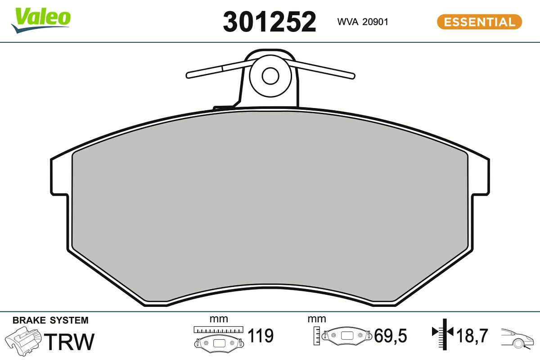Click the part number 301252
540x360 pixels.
(x=270, y=22)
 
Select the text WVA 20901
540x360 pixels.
(x=362, y=22)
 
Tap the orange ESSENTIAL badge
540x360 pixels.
(x=479, y=22)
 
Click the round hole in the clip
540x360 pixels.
(x=270, y=76)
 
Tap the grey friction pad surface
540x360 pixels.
(x=270, y=202)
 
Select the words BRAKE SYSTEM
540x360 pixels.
(x=50, y=320)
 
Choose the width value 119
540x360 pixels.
(x=261, y=336)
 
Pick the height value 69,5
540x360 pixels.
(x=391, y=336)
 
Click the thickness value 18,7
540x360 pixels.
(x=472, y=336)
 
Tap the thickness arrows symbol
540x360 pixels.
(x=443, y=333)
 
